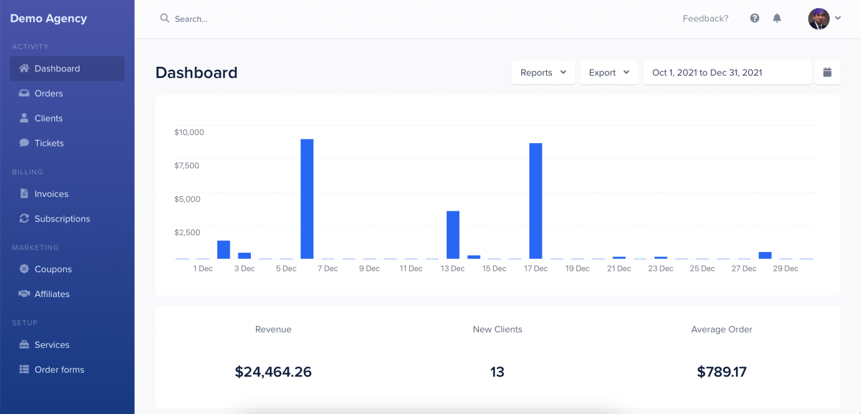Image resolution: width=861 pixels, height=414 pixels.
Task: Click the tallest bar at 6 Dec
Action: click(x=307, y=199)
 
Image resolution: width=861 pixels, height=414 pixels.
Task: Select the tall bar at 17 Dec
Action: click(x=536, y=201)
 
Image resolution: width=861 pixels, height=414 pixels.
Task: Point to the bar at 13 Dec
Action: click(x=453, y=235)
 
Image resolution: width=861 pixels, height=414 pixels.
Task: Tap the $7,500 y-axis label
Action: click(x=186, y=166)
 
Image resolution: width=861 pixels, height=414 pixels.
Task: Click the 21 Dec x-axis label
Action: click(x=619, y=269)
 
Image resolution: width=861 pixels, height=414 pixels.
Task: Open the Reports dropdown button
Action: click(x=543, y=73)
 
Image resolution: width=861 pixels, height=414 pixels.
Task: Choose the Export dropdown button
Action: click(x=609, y=73)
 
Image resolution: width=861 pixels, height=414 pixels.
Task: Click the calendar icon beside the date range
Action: click(x=827, y=73)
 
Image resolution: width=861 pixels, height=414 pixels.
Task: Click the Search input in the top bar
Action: click(x=250, y=19)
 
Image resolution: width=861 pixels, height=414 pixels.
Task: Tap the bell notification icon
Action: click(x=777, y=19)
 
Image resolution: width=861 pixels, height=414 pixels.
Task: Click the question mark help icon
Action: click(x=755, y=19)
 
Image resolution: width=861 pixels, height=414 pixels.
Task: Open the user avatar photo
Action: click(x=818, y=19)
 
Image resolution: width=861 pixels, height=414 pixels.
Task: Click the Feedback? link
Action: click(x=705, y=19)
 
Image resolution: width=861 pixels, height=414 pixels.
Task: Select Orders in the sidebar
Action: click(x=49, y=93)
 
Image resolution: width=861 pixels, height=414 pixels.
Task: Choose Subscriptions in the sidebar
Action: click(x=62, y=219)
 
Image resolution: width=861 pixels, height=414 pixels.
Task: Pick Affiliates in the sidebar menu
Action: click(x=52, y=294)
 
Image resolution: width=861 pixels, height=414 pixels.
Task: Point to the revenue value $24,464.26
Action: click(x=273, y=372)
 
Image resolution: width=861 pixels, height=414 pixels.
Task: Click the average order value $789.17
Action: click(x=721, y=372)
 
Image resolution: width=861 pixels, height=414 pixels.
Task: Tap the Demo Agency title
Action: click(x=48, y=19)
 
